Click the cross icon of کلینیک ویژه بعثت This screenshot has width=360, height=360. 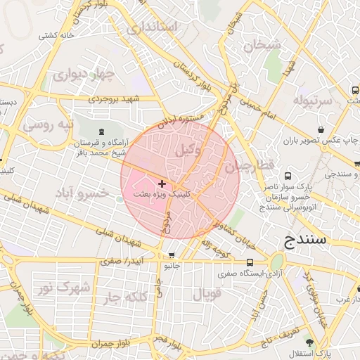tap(162, 184)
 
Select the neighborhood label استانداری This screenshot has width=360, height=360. tap(153, 27)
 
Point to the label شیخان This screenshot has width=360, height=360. tap(262, 45)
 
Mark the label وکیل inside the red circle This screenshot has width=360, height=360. tap(189, 149)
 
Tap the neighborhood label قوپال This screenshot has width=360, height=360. tap(207, 293)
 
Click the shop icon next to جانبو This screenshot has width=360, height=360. tap(172, 256)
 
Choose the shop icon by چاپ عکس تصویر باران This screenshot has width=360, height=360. tap(321, 129)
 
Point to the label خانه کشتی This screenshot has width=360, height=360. tap(57, 35)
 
